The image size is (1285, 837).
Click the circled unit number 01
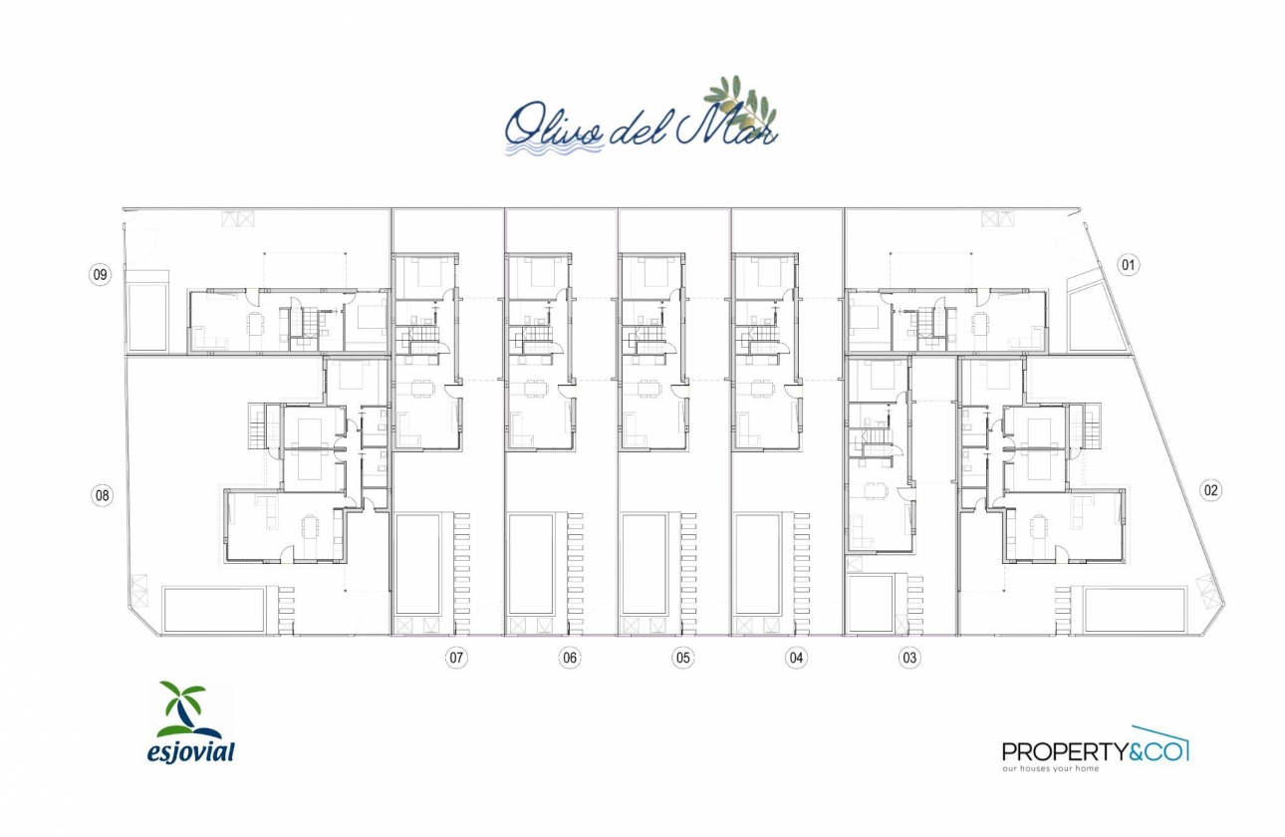(1128, 265)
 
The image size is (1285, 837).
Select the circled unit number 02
(1211, 490)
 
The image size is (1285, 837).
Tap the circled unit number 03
(908, 658)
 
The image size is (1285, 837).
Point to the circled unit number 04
(796, 658)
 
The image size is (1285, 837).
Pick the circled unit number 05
(682, 658)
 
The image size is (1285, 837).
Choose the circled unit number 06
(570, 658)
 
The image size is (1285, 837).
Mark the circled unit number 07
(456, 658)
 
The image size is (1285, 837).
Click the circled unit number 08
(102, 494)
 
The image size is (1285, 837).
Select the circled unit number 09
(100, 275)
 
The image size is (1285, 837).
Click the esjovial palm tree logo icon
(182, 709)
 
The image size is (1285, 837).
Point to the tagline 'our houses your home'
(1050, 769)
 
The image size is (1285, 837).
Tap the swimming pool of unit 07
(418, 564)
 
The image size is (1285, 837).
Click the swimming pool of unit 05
(644, 564)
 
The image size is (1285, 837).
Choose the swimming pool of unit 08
(214, 609)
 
